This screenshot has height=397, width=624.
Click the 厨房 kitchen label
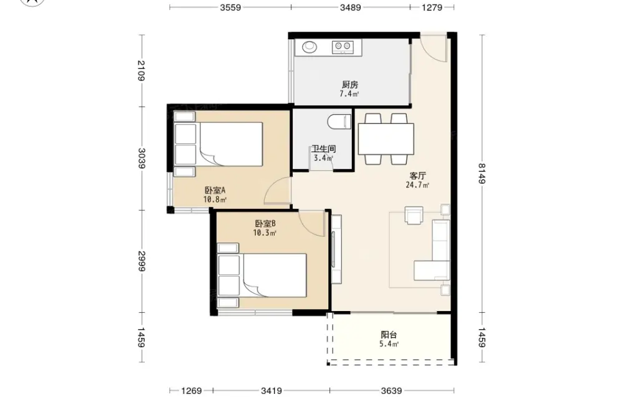tap(350, 85)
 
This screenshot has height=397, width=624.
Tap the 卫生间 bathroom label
tap(323, 149)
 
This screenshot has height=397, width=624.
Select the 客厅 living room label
tap(418, 176)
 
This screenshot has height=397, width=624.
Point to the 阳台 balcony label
tap(389, 335)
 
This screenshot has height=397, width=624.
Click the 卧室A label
tap(215, 190)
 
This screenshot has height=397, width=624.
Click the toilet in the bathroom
tap(339, 122)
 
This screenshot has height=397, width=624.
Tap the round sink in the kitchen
tap(310, 47)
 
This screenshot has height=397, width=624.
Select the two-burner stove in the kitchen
tap(343, 47)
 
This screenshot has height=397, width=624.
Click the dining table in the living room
tap(386, 139)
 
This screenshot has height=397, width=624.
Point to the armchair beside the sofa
tap(414, 216)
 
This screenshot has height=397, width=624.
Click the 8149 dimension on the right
tap(482, 174)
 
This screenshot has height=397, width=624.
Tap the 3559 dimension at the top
tap(230, 7)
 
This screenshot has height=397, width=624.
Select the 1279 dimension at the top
tap(432, 7)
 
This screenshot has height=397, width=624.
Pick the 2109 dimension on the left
tap(141, 70)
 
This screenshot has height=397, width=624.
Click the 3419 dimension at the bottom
tap(271, 391)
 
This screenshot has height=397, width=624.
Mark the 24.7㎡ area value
tap(417, 185)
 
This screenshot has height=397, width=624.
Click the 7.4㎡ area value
tap(349, 93)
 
